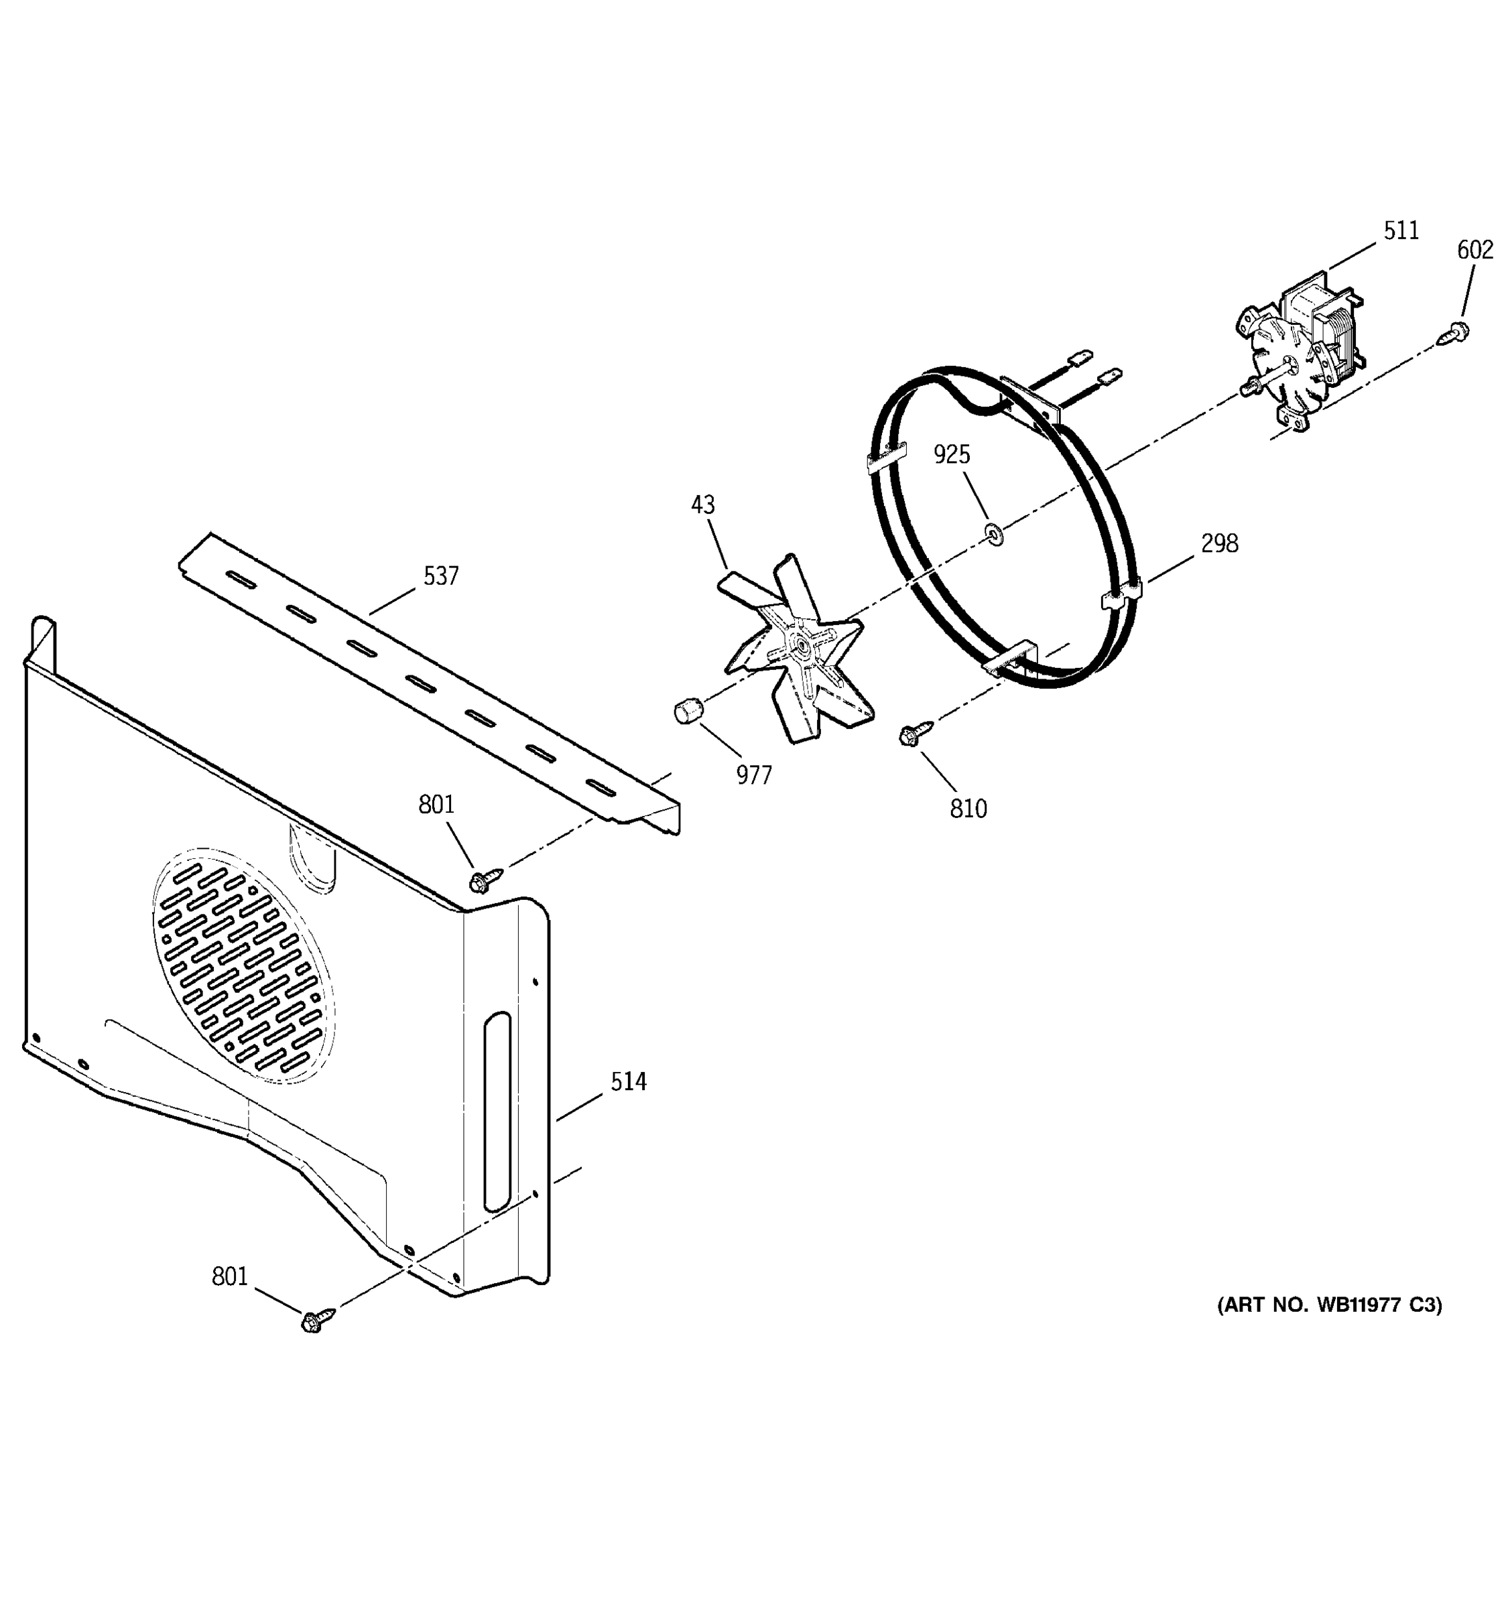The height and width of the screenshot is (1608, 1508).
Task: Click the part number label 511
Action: point(1400,231)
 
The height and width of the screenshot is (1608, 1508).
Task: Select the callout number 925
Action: point(952,454)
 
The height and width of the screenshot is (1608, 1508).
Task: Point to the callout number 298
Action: point(1219,543)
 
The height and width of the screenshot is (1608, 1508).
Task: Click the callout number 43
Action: point(702,506)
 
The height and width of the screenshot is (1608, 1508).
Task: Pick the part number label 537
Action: point(441,577)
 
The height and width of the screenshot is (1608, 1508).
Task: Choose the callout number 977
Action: point(754,776)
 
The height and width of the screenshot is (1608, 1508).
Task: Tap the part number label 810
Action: point(968,809)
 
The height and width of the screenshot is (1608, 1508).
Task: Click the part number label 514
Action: point(628,1082)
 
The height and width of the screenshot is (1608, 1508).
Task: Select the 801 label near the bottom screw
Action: point(230,1276)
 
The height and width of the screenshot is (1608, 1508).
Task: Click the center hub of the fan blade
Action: point(800,645)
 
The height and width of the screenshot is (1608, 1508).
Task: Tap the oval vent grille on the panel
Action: point(243,967)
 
